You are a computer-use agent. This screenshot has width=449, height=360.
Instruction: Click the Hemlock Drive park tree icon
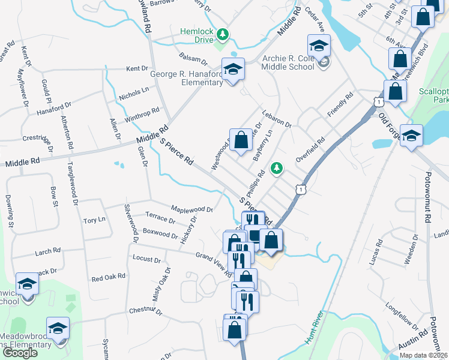point(223,33)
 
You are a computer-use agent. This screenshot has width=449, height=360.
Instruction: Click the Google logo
point(20,352)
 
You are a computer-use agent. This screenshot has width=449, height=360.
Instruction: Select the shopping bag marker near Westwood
point(241,141)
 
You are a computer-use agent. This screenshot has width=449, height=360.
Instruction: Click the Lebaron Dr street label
point(277,119)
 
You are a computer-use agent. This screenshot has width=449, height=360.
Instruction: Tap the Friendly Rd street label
point(340,104)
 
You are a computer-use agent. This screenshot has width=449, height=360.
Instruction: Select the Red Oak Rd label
point(108,277)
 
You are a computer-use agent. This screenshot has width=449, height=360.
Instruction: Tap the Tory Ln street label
point(94,220)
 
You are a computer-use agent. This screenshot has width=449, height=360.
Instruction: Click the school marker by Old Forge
point(412,136)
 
